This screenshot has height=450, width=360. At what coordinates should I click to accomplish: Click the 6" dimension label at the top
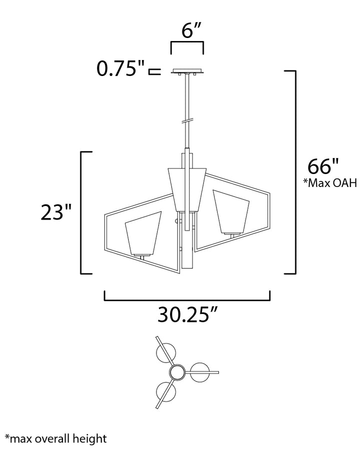click(191, 30)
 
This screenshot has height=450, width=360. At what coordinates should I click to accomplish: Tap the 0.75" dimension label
click(120, 69)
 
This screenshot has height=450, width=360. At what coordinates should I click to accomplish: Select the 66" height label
click(323, 166)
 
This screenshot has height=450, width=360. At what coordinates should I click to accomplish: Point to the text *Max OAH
click(330, 182)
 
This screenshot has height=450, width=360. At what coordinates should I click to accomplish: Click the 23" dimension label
click(55, 212)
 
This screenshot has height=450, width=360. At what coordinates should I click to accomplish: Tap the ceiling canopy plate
click(187, 71)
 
